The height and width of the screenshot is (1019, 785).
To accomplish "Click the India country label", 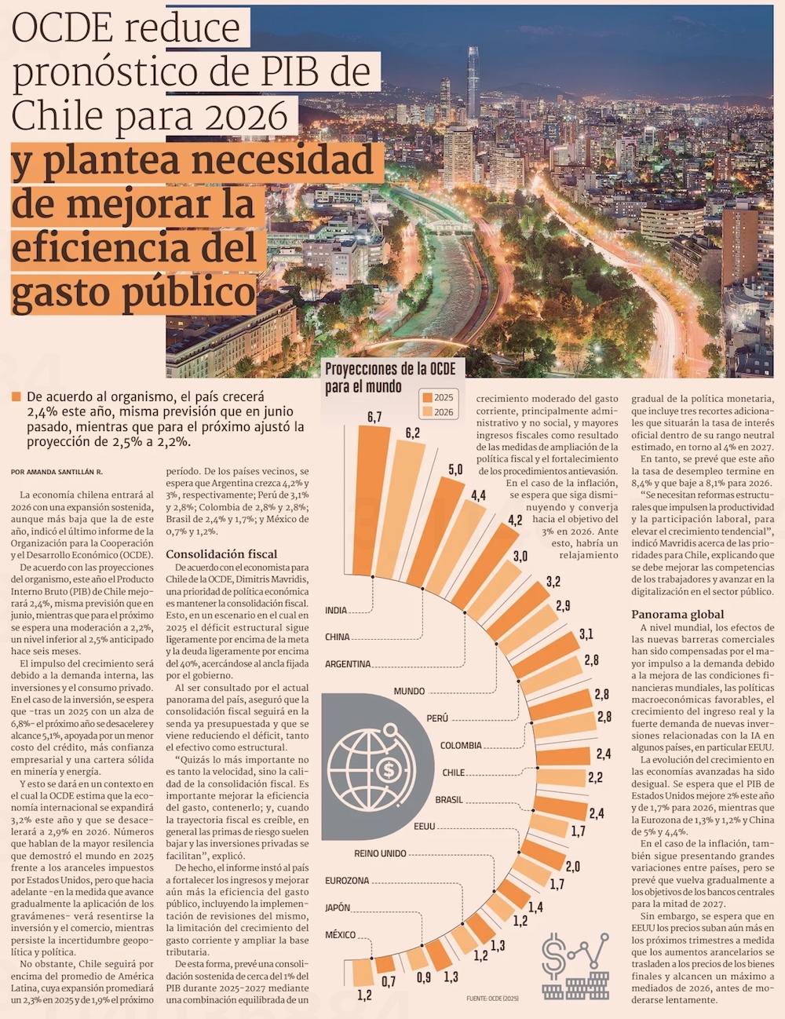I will (336, 610).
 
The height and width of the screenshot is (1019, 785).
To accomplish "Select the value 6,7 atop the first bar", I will (374, 417).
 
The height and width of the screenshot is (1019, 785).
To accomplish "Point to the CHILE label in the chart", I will (454, 772).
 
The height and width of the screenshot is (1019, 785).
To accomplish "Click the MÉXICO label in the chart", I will (340, 935).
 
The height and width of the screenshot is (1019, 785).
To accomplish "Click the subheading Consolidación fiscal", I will (221, 553).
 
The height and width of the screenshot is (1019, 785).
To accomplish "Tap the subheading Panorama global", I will (677, 614).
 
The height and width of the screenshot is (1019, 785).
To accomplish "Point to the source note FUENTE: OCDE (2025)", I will (492, 998).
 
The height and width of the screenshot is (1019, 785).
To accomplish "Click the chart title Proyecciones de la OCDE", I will (390, 369).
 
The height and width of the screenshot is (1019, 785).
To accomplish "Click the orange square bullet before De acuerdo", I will (16, 397).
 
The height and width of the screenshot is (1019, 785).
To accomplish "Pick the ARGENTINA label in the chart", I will (348, 664).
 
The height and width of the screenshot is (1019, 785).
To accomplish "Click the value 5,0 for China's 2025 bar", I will (455, 469).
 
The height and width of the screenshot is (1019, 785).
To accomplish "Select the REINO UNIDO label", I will (380, 853).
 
